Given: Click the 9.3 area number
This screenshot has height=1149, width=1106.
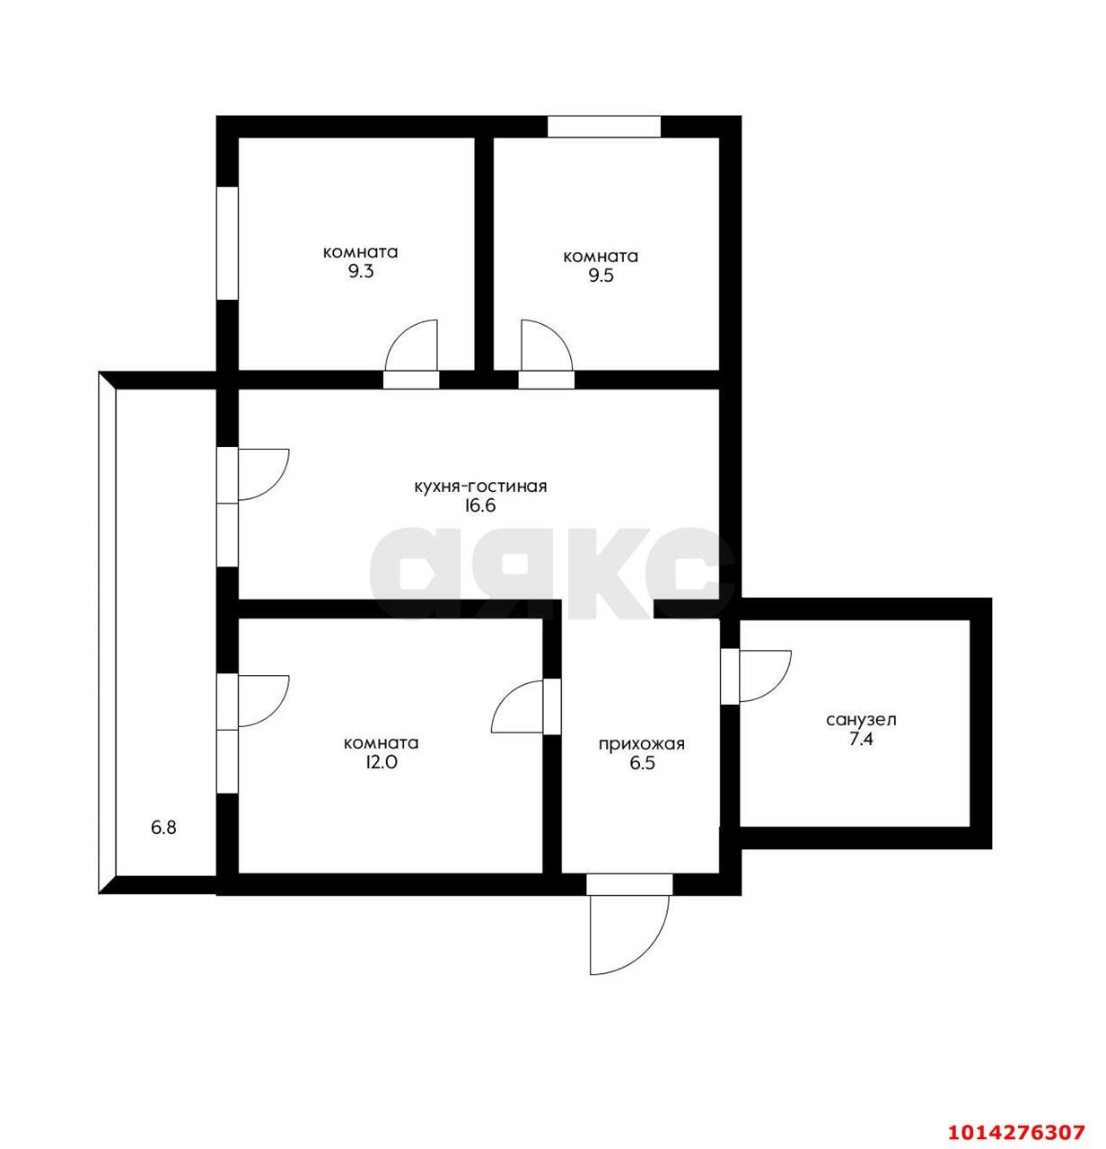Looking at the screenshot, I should (361, 272).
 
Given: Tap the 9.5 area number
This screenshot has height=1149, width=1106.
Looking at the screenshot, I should (601, 276).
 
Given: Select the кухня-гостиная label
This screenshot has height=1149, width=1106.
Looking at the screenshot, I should (480, 487).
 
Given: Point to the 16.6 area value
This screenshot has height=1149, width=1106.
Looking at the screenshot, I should (480, 505).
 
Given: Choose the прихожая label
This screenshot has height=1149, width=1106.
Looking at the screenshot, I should (642, 744).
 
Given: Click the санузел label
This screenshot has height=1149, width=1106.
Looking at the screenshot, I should (861, 720).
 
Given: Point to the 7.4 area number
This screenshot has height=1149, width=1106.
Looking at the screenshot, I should (861, 740).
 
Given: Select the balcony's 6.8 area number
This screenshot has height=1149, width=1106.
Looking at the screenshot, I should (163, 828).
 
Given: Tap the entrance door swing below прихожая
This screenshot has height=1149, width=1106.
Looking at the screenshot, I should (628, 934).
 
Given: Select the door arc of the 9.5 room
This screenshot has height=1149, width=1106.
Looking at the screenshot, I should (544, 346).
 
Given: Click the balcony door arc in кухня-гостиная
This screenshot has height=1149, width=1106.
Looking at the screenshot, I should (262, 473).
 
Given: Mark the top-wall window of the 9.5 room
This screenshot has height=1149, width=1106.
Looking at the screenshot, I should (604, 127).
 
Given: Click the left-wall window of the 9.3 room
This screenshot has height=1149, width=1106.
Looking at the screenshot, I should (227, 242).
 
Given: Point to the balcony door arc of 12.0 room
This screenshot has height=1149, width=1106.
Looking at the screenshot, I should (262, 700).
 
